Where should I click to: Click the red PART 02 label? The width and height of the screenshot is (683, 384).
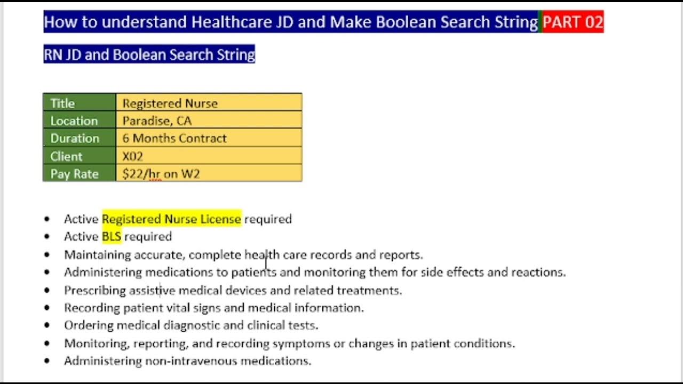[x=573, y=22]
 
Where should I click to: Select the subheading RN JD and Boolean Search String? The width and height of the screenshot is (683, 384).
[x=149, y=54]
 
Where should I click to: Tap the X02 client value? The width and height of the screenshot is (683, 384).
[x=132, y=156]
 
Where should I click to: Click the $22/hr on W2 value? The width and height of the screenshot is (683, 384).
[x=161, y=174]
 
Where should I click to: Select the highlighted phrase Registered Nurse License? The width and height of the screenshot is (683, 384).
[x=171, y=219]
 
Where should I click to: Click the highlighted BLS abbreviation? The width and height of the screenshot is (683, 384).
[x=112, y=236]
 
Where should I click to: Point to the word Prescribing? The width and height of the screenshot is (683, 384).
[x=94, y=290]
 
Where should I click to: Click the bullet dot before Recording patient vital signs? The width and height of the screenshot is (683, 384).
[x=47, y=308]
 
